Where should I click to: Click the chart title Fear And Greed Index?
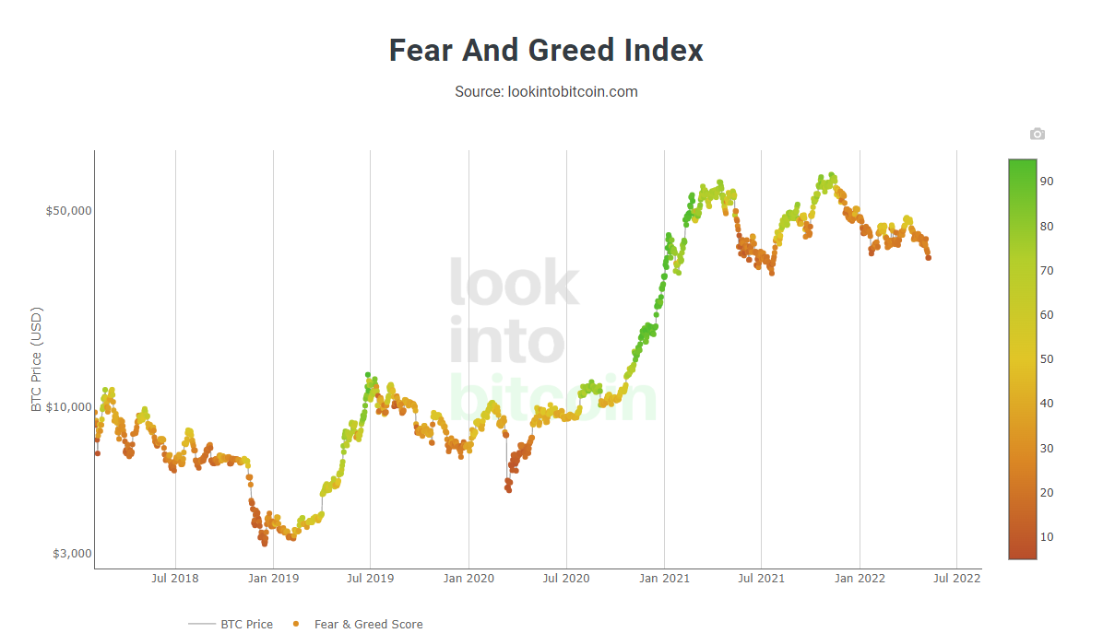[546, 50]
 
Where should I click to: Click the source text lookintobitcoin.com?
[546, 92]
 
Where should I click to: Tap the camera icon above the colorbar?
[1038, 135]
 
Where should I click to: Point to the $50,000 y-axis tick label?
[69, 210]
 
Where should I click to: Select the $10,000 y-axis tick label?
[69, 406]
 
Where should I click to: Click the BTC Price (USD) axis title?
[37, 358]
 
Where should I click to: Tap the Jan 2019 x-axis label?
[273, 579]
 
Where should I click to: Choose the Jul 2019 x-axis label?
[370, 579]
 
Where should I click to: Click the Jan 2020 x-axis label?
[468, 579]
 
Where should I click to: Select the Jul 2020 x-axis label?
[565, 579]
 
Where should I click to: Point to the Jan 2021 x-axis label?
[664, 579]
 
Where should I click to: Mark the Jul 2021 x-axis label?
[761, 579]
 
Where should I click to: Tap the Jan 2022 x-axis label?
[860, 579]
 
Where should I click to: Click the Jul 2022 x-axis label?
[956, 579]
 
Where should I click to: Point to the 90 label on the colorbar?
[1048, 182]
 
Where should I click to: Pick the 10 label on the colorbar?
[1048, 537]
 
